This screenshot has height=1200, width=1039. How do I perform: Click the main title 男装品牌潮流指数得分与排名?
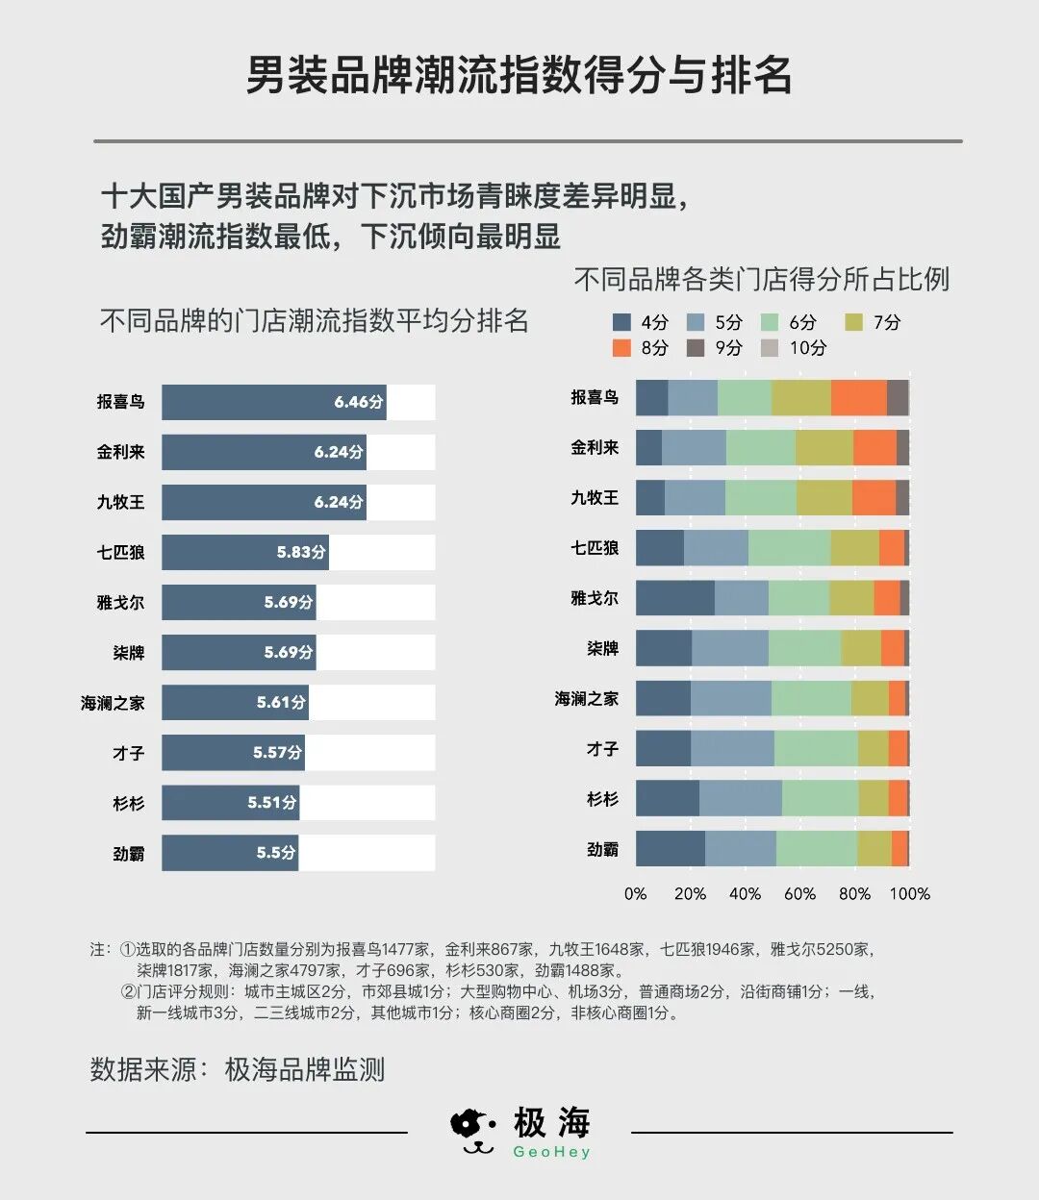[x=519, y=75]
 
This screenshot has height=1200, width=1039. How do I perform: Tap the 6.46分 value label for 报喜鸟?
[x=359, y=402]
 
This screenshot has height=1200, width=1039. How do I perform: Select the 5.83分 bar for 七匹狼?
[x=244, y=552]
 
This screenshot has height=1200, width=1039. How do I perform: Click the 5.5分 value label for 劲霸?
[x=276, y=853]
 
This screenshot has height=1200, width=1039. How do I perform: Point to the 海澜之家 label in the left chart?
[x=113, y=703]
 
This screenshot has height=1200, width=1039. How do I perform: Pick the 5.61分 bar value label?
[x=281, y=703]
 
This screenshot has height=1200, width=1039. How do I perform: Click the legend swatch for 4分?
[x=621, y=323]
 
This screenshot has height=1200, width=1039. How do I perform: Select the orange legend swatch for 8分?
[x=621, y=348]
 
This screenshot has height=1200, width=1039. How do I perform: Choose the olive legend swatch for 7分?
[x=853, y=323]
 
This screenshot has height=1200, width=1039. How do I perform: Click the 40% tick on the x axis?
[x=745, y=893]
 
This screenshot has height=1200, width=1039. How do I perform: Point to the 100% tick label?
[x=909, y=893]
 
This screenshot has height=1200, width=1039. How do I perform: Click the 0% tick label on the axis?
[x=636, y=893]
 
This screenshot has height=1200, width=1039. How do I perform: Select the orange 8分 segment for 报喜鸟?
[x=858, y=397]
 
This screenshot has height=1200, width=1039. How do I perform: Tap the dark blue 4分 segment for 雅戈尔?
[x=674, y=598]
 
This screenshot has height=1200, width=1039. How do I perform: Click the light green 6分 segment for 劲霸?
[x=816, y=849]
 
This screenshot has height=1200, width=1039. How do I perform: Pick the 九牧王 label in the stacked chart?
[x=595, y=498]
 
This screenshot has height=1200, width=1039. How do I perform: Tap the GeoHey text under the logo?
[x=551, y=1152]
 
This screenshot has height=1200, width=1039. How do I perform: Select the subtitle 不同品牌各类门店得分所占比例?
[x=761, y=280]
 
